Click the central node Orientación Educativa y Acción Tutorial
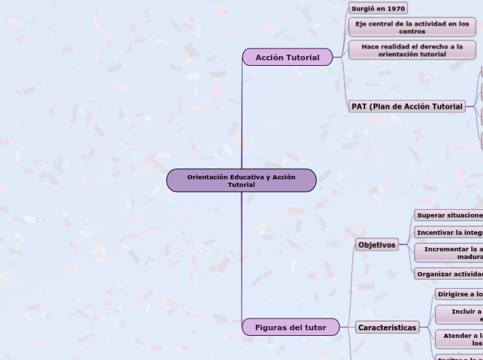(241, 181)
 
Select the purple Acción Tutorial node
(287, 57)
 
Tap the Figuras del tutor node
(290, 327)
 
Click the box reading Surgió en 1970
(378, 9)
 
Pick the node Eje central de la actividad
(412, 28)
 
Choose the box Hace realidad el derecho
(412, 51)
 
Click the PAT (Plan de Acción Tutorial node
(407, 107)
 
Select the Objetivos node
(377, 245)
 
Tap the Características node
(387, 327)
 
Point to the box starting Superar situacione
(449, 215)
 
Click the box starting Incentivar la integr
(449, 233)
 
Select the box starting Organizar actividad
(449, 274)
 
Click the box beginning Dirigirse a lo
(459, 294)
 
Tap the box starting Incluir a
(459, 315)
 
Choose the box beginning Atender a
(459, 339)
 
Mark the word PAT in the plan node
(360, 107)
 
